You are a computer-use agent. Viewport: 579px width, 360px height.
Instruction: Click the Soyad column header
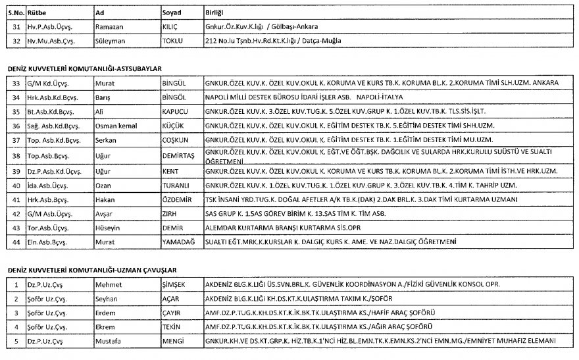pos(172,13)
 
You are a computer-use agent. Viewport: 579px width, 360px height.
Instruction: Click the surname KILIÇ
pos(170,26)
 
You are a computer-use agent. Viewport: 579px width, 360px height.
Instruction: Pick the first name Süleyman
pos(111,41)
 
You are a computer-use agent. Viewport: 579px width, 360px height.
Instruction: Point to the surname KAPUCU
pos(175,111)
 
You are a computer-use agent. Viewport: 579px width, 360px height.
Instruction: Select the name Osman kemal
pos(117,126)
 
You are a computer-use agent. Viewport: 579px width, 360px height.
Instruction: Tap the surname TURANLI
pos(176,186)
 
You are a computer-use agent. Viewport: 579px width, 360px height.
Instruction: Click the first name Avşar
pos(105,214)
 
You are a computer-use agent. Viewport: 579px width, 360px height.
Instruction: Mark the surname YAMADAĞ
pos(178,243)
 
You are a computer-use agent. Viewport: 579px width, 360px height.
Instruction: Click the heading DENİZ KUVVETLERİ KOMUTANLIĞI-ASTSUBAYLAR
pos(84,68)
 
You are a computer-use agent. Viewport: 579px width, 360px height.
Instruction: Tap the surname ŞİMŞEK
pos(174,284)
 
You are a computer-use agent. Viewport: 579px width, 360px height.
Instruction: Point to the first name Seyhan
pos(107,298)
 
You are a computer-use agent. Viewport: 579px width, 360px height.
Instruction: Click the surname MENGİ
pos(172,342)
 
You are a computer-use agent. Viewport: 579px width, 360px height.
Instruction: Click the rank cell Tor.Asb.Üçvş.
pos(48,228)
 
